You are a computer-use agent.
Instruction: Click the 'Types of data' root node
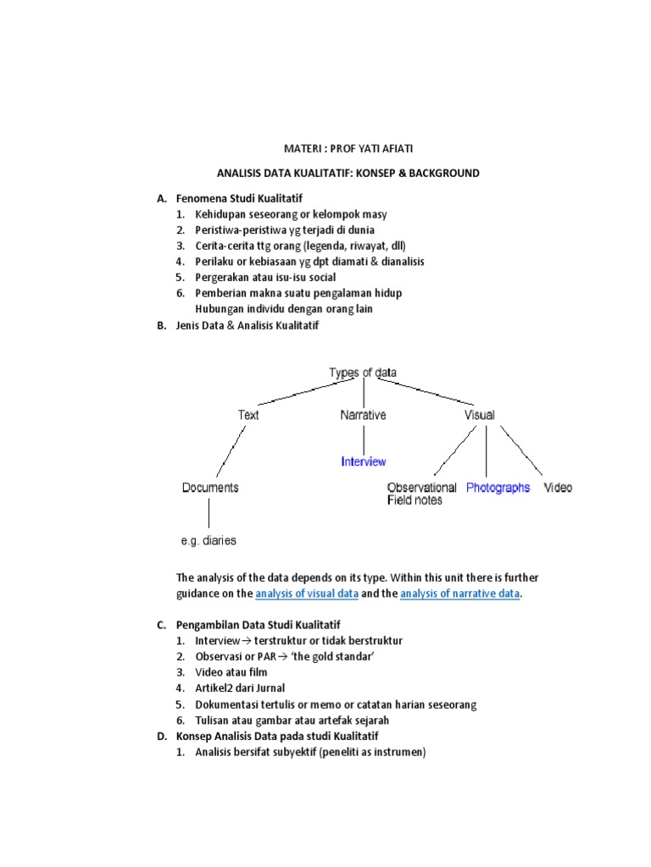[362, 373]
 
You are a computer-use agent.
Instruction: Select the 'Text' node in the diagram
[248, 415]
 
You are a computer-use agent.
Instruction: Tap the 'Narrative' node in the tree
[363, 415]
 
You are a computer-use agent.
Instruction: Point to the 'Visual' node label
[480, 415]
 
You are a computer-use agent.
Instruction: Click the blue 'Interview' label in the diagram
[363, 461]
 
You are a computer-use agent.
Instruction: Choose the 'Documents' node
[210, 488]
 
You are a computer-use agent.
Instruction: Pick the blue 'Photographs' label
[498, 488]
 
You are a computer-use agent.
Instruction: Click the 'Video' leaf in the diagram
[558, 488]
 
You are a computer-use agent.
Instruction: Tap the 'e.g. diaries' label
[209, 540]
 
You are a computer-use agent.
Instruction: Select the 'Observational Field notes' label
[421, 494]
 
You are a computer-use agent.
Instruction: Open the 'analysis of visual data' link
[307, 594]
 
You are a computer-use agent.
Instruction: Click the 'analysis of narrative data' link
[459, 594]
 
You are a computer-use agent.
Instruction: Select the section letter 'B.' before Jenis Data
[161, 325]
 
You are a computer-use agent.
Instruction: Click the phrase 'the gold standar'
[318, 656]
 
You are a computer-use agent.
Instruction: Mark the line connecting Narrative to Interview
[364, 439]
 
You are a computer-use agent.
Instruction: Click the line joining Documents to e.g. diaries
[209, 514]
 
